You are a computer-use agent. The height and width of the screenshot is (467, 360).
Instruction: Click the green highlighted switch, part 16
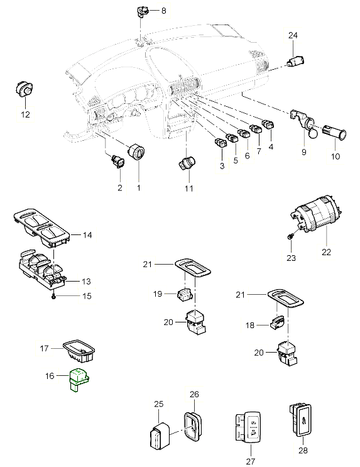pyautogui.click(x=79, y=380)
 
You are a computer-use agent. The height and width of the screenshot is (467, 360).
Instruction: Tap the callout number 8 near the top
pyautogui.click(x=164, y=11)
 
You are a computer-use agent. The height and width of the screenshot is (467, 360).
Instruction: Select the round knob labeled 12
pyautogui.click(x=24, y=89)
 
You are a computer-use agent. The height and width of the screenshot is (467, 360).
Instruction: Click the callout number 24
pyautogui.click(x=293, y=35)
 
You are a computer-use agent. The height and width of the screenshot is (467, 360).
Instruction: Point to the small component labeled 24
pyautogui.click(x=295, y=62)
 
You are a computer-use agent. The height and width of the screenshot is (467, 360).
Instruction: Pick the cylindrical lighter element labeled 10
pyautogui.click(x=334, y=133)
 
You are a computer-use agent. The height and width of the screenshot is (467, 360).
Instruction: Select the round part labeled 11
pyautogui.click(x=187, y=164)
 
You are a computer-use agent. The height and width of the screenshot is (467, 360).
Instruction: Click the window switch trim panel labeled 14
pyautogui.click(x=41, y=228)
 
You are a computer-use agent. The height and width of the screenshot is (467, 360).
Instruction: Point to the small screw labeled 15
pyautogui.click(x=53, y=296)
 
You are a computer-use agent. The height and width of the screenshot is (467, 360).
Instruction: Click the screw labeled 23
pyautogui.click(x=290, y=236)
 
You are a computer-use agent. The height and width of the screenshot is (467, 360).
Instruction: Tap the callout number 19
pyautogui.click(x=158, y=294)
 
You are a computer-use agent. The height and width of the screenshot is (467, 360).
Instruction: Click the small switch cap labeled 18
pyautogui.click(x=277, y=323)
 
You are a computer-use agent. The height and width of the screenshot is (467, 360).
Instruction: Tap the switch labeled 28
pyautogui.click(x=300, y=420)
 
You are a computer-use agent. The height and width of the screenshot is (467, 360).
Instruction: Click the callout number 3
pyautogui.click(x=222, y=165)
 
